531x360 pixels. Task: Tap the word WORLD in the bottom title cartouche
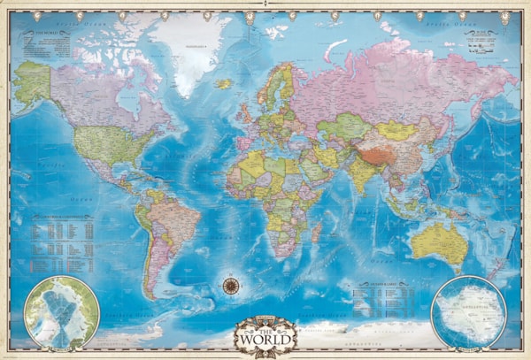[265, 339]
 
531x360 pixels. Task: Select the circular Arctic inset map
[61, 310]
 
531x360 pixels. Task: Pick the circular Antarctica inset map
[468, 310]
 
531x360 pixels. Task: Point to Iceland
[224, 84]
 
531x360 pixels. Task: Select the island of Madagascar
[316, 232]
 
